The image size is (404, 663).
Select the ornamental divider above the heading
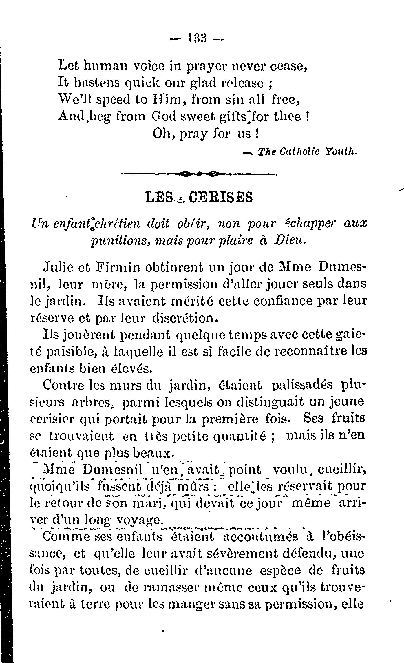pyautogui.click(x=199, y=174)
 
